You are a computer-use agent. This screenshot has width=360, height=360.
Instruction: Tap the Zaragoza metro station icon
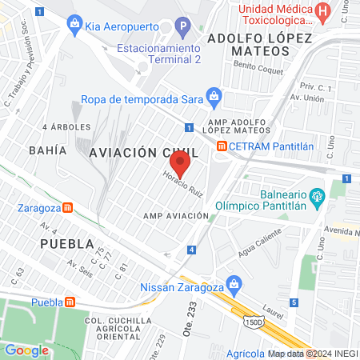pyautogui.click(x=70, y=207)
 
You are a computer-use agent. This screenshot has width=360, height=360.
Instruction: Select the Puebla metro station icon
pyautogui.click(x=70, y=302)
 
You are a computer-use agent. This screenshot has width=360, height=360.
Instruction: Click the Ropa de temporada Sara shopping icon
pyautogui.click(x=213, y=99)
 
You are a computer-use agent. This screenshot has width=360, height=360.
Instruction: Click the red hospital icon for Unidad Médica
pyautogui.click(x=322, y=12)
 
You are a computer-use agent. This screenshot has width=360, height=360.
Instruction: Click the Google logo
pyautogui.click(x=26, y=350)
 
